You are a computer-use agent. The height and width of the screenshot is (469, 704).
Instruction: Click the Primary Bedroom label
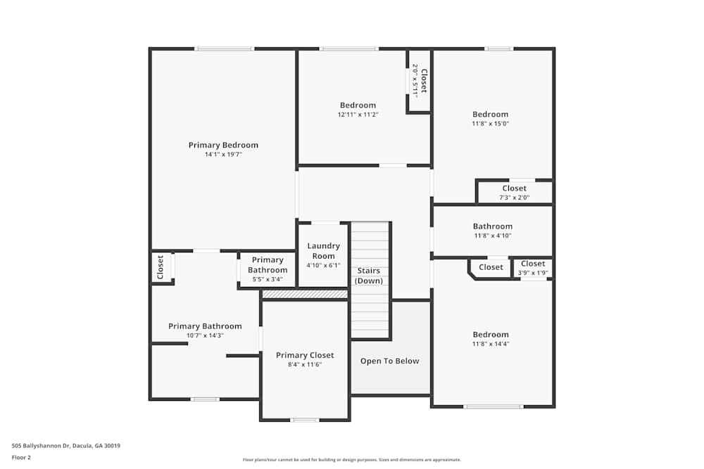(223, 146)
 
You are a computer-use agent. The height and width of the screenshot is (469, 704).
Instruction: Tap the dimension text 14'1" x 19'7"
(223, 155)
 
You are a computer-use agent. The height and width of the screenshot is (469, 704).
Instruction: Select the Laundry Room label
(323, 251)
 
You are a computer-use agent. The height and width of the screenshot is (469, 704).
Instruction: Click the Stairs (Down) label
(369, 276)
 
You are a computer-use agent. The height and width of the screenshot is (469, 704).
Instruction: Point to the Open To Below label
(390, 361)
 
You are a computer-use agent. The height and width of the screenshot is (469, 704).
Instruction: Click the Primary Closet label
(305, 355)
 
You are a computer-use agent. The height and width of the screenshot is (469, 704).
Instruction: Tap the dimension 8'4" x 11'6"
(305, 364)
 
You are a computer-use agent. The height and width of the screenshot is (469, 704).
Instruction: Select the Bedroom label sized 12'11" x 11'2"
(358, 105)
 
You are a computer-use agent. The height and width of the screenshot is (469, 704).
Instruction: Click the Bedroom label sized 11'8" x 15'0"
(490, 115)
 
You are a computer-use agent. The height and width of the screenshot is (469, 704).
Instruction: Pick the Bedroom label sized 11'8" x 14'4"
(491, 335)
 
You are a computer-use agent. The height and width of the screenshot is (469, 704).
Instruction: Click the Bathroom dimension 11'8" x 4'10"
(493, 236)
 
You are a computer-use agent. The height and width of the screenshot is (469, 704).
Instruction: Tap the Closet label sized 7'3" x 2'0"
(515, 188)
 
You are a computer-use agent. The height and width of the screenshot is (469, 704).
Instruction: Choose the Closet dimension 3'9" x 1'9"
(533, 273)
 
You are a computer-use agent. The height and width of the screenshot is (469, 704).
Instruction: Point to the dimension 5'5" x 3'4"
(267, 279)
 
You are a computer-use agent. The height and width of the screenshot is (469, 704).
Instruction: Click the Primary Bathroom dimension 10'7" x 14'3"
(205, 335)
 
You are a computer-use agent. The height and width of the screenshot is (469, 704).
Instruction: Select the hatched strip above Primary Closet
(305, 294)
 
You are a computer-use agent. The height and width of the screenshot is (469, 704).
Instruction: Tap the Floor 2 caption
(21, 457)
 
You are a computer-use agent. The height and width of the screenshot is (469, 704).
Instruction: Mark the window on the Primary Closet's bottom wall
(304, 420)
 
